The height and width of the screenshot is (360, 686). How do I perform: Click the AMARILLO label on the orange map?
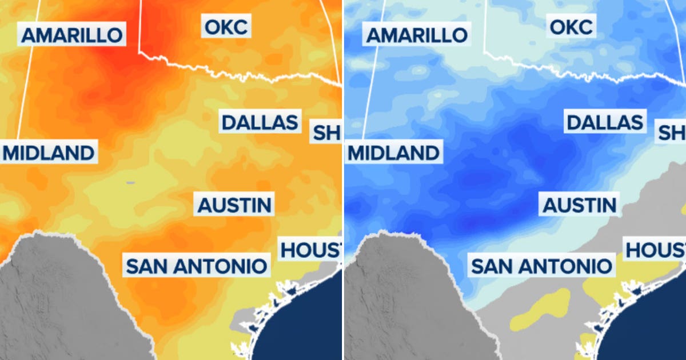(x=72, y=35)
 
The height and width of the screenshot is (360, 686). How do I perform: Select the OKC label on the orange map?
(x=226, y=26)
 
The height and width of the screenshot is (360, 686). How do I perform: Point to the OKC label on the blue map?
(x=571, y=26)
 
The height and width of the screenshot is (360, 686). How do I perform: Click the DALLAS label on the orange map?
(x=260, y=122)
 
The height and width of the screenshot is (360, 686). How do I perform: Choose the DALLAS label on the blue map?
(x=605, y=122)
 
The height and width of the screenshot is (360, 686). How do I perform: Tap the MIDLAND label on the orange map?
(x=48, y=153)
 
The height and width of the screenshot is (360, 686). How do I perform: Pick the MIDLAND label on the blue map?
(x=394, y=153)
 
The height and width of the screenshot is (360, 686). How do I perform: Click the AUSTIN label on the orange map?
(x=234, y=205)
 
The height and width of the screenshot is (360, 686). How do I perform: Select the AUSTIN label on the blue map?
(x=580, y=205)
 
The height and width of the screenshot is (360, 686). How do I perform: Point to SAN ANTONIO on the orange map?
(x=196, y=266)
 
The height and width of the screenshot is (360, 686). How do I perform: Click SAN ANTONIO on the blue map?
(x=541, y=266)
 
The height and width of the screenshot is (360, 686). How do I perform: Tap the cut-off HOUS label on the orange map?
(x=310, y=250)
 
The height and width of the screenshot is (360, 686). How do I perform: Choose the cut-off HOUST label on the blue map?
(x=655, y=250)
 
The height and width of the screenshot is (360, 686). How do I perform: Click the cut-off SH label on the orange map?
(x=325, y=133)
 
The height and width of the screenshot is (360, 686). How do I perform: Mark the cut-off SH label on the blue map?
(x=671, y=133)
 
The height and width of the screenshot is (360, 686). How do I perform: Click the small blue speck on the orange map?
(x=130, y=183)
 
